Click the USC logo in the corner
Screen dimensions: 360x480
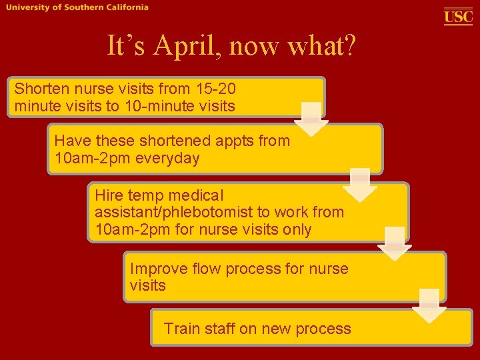(458, 17)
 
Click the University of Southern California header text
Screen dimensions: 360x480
(77, 7)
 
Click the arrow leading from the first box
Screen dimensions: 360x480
(311, 119)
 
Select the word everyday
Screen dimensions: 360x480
(167, 159)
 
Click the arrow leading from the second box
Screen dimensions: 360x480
(360, 185)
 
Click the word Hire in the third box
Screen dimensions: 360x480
(109, 195)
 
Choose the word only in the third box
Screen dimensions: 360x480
(297, 230)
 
